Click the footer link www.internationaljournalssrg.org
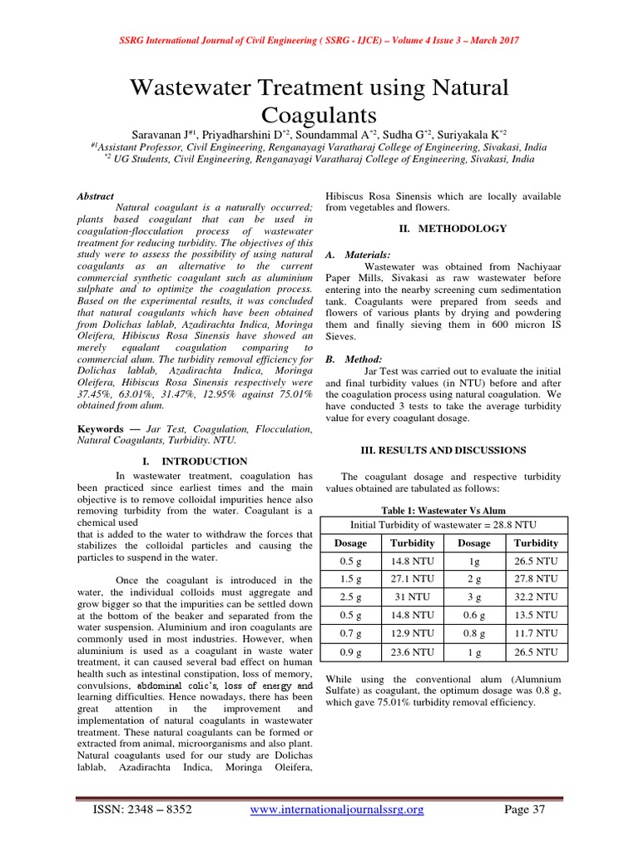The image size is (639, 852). pos(337,810)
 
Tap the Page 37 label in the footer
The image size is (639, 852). pos(525,810)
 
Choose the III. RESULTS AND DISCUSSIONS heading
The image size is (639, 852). pos(443,450)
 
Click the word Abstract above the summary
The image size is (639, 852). pos(95,196)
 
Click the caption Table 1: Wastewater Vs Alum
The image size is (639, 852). pos(443,510)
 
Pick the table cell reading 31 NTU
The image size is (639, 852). pos(413,597)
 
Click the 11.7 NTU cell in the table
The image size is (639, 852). pos(536,634)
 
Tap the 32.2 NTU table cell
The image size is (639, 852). pos(536,597)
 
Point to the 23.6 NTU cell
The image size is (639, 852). pos(413,652)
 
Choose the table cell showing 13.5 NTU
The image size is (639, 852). pos(536,616)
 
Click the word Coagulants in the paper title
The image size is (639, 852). pos(319,114)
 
